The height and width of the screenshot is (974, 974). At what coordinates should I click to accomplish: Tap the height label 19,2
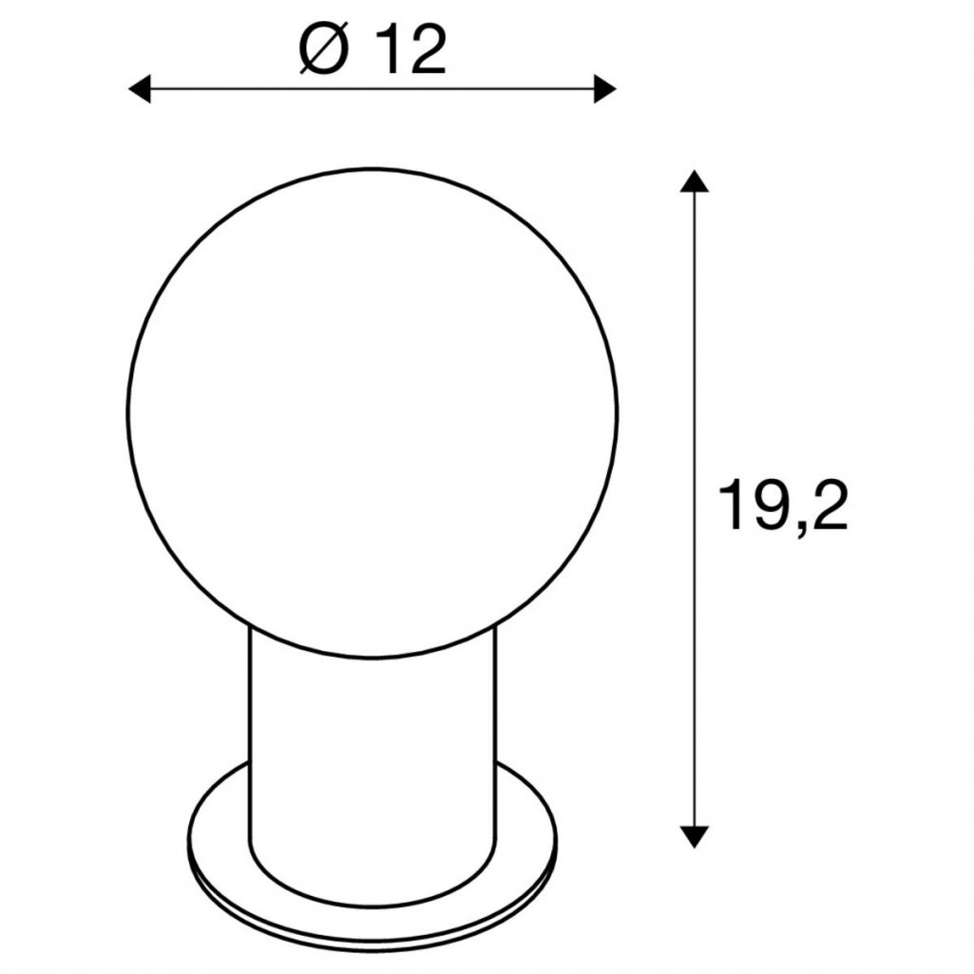[x=783, y=507]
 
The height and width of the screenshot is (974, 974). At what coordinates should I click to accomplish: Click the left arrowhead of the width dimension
[x=139, y=88]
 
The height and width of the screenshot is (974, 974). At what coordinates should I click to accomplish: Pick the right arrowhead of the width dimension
[x=605, y=88]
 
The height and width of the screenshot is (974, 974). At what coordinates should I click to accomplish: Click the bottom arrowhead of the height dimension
[x=694, y=837]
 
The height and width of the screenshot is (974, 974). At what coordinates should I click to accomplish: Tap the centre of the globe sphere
[x=372, y=411]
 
